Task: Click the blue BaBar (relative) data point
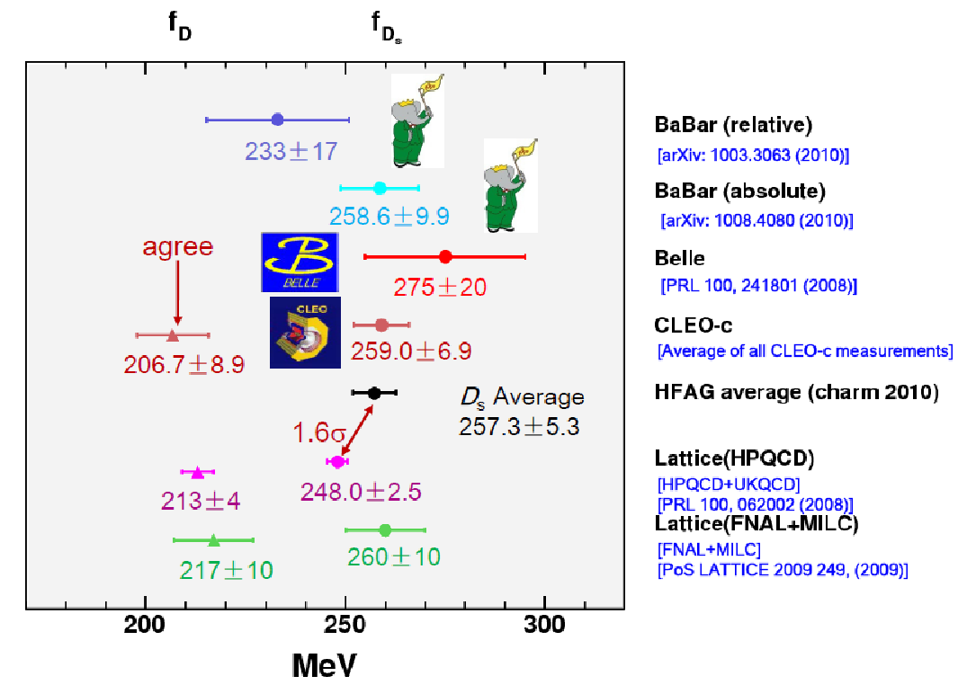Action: [x=277, y=120]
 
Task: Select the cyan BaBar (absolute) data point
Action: [x=380, y=188]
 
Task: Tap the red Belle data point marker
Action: [x=445, y=257]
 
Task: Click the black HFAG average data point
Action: [x=374, y=393]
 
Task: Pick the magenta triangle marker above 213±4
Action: [x=197, y=472]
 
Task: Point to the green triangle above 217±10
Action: [x=213, y=540]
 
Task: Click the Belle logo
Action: [x=300, y=262]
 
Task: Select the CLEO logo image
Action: [x=306, y=333]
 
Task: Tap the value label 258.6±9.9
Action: [x=389, y=216]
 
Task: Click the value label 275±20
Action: [x=440, y=287]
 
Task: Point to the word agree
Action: [x=178, y=247]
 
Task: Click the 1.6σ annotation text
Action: [x=319, y=433]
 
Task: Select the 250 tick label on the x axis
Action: [x=345, y=625]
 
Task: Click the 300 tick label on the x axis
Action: [x=544, y=625]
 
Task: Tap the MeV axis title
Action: [x=324, y=665]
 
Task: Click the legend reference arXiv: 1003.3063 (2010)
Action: [x=753, y=156]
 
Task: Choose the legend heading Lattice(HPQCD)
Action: [x=734, y=458]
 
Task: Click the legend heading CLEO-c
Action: [x=694, y=325]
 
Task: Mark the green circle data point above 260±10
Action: [x=385, y=529]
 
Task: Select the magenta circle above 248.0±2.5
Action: [x=337, y=462]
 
